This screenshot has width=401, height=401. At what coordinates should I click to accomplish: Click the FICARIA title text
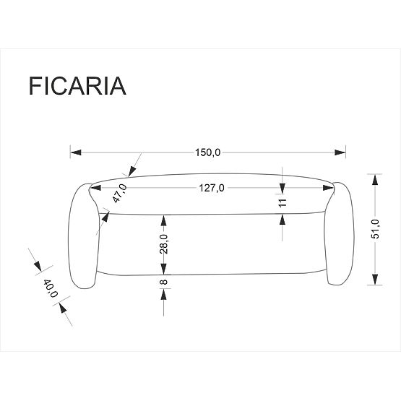point(77,85)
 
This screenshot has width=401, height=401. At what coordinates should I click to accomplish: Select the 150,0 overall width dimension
point(207,152)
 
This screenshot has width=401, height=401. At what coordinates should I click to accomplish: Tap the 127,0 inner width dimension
point(212,188)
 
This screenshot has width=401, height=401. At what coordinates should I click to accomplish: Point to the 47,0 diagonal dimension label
point(120,194)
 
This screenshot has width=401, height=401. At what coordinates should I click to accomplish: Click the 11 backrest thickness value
point(283,202)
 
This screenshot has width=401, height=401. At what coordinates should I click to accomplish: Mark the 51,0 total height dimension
point(375,229)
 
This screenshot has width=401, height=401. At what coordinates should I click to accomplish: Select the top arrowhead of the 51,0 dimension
point(375,178)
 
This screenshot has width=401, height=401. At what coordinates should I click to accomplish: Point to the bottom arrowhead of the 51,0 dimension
point(375,281)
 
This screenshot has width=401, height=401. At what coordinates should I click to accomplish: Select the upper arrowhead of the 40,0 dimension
point(37,267)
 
